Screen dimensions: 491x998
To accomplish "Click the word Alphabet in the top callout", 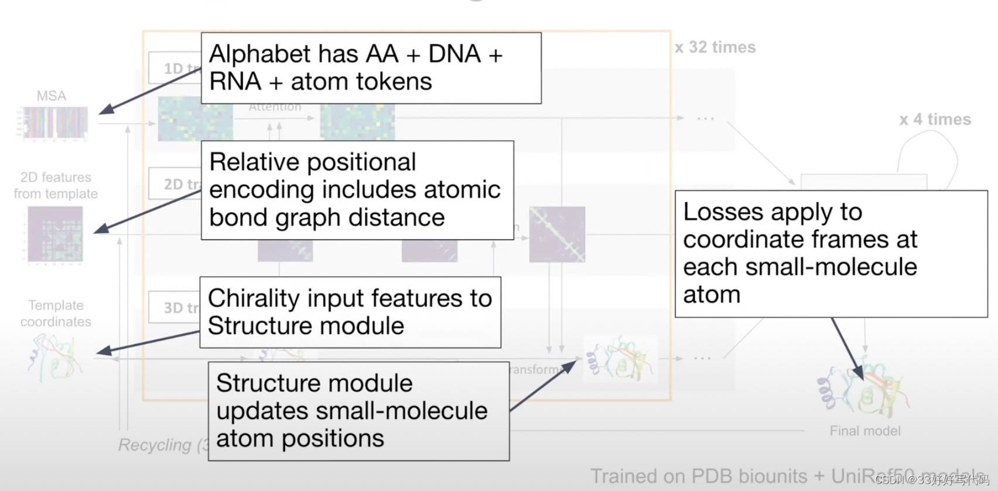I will [254, 54].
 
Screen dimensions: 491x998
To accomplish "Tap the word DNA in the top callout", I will [454, 54].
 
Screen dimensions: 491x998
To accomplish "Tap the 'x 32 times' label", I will [715, 47].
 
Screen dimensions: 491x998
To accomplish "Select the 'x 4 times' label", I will [935, 120].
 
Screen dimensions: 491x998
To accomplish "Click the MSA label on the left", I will [52, 96].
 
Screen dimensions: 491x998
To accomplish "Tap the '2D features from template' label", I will [56, 185].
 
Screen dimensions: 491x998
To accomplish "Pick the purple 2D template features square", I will [56, 234].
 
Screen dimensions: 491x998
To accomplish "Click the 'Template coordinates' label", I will [56, 313].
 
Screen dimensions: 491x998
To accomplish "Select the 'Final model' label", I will [865, 431].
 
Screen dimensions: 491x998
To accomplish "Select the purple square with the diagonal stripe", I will [557, 234].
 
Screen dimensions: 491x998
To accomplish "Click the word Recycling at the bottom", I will [155, 445].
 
